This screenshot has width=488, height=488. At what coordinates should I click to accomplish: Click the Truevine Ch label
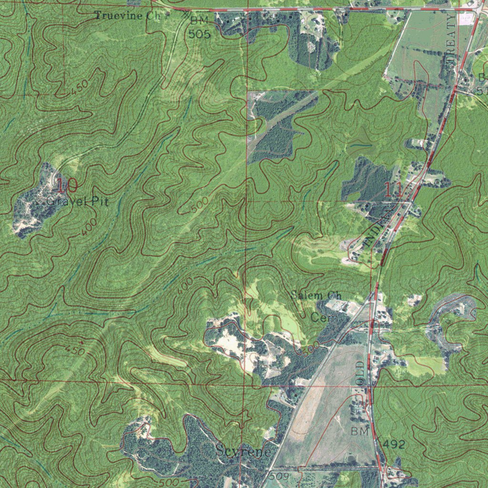(x=128, y=16)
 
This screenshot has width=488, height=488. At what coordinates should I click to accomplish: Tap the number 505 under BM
(x=199, y=34)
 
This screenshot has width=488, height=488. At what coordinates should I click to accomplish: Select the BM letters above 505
(x=199, y=21)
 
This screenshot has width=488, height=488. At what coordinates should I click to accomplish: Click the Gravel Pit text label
(x=77, y=202)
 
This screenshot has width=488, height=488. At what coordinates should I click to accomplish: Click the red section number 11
(x=394, y=191)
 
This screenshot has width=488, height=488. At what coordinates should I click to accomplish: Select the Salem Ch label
(x=316, y=295)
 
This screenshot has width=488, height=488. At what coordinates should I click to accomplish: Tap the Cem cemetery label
(x=324, y=317)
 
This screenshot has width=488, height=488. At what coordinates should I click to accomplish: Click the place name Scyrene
(x=243, y=451)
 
